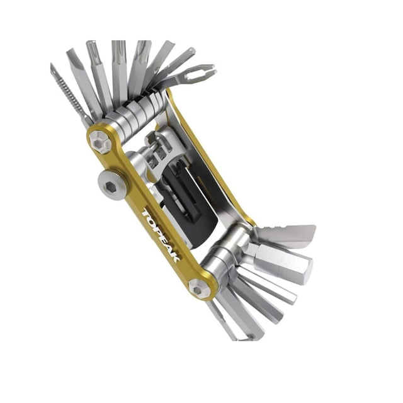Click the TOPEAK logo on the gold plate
[x=161, y=236]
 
